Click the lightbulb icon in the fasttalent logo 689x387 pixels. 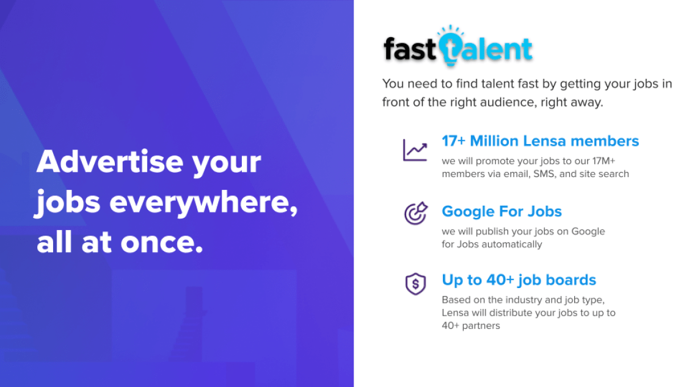(450, 46)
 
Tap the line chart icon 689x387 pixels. (415, 150)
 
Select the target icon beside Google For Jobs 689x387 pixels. (416, 213)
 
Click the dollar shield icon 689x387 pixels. (415, 283)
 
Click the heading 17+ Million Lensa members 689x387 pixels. (540, 141)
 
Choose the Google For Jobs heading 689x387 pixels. (501, 211)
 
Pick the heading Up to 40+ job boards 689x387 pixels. (519, 280)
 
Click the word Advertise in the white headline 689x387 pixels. (110, 161)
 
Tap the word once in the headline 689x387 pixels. (162, 243)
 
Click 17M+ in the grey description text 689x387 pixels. (603, 161)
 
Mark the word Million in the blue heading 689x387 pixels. (494, 141)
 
